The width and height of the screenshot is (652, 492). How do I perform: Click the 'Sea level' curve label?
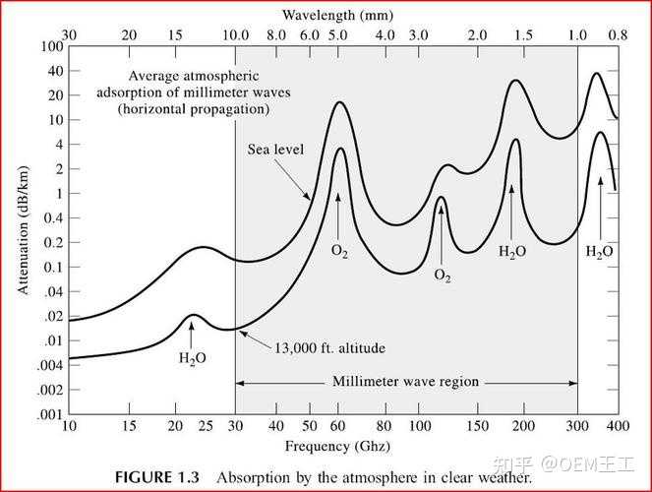pos(275,150)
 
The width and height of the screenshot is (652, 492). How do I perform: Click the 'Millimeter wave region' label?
pos(404,382)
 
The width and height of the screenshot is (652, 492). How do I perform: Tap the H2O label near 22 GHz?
pos(193,358)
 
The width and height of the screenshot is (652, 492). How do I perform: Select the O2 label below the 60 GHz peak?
pos(339,252)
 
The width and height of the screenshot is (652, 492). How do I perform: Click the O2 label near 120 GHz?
pos(443,276)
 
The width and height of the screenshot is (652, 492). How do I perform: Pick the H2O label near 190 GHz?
pos(512,252)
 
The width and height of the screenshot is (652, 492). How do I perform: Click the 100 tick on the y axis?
pos(52,47)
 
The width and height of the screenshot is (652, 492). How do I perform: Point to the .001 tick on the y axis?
pos(48,414)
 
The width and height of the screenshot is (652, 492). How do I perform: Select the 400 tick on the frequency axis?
pos(617,426)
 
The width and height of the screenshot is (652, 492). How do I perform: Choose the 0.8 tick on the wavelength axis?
pos(617,33)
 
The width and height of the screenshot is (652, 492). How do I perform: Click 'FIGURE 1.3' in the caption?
pos(157,477)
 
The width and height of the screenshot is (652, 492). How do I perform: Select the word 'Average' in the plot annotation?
pos(157,77)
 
